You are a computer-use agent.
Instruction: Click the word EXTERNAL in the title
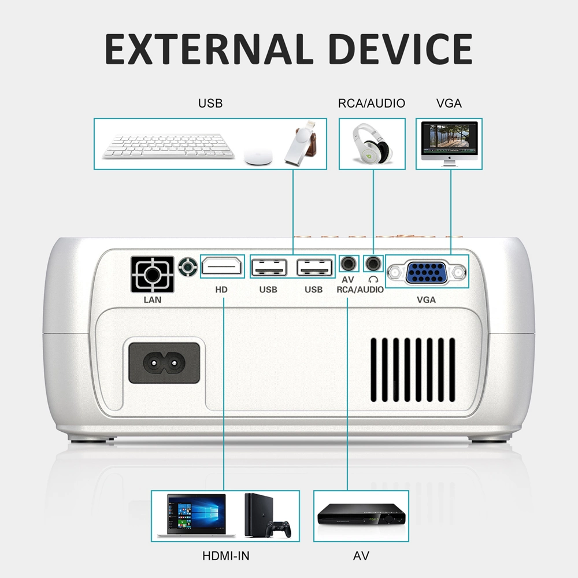pyautogui.click(x=209, y=49)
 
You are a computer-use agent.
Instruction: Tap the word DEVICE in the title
pyautogui.click(x=401, y=49)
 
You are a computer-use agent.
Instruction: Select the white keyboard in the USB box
pyautogui.click(x=168, y=146)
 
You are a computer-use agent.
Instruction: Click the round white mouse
pyautogui.click(x=258, y=157)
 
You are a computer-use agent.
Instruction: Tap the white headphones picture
pyautogui.click(x=372, y=144)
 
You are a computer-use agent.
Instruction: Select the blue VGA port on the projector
pyautogui.click(x=427, y=272)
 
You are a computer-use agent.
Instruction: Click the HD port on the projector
pyautogui.click(x=222, y=266)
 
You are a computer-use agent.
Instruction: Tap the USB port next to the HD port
pyautogui.click(x=269, y=267)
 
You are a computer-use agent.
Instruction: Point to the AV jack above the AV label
pyautogui.click(x=349, y=264)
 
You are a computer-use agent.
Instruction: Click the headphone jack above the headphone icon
pyautogui.click(x=373, y=264)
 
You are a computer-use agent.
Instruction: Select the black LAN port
pyautogui.click(x=152, y=274)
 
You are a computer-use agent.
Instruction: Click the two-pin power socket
pyautogui.click(x=164, y=363)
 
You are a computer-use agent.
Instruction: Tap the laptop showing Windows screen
pyautogui.click(x=196, y=516)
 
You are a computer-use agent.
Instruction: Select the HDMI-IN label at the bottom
pyautogui.click(x=226, y=556)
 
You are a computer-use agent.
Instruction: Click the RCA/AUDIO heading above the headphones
pyautogui.click(x=372, y=103)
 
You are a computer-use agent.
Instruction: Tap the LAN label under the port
pyautogui.click(x=152, y=299)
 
